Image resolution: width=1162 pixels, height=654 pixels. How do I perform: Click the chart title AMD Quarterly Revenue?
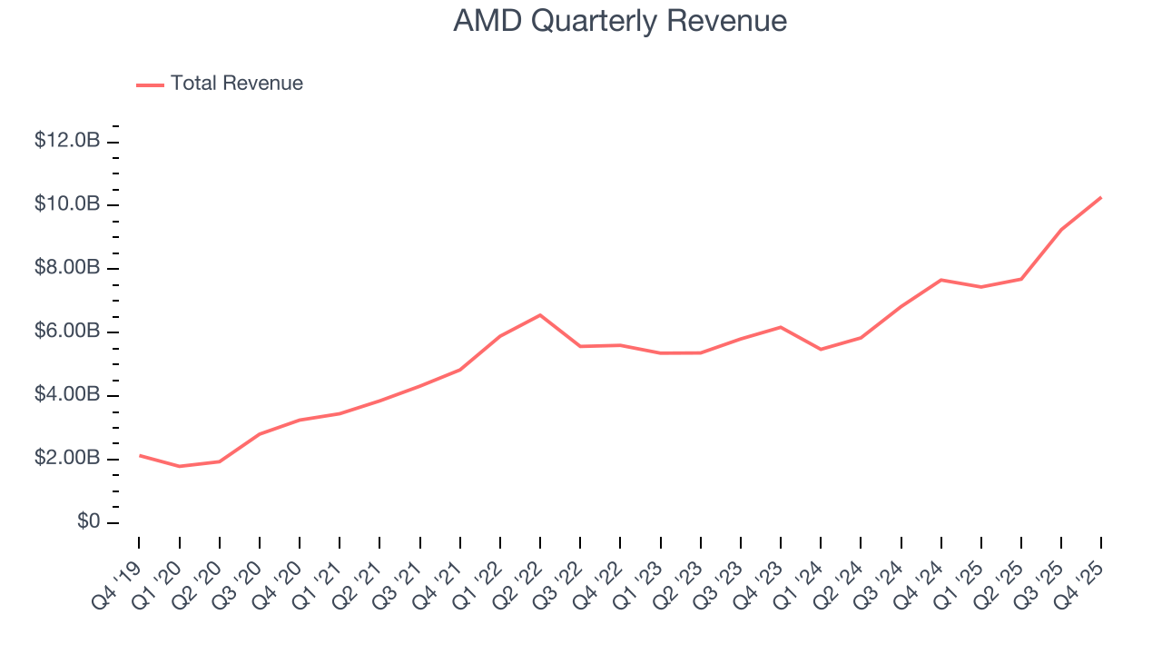pyautogui.click(x=620, y=21)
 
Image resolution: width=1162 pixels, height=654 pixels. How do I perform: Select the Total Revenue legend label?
pyautogui.click(x=236, y=84)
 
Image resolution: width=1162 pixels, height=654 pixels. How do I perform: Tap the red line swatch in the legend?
pyautogui.click(x=150, y=84)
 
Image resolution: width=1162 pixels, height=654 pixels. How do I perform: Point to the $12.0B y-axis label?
pyautogui.click(x=67, y=141)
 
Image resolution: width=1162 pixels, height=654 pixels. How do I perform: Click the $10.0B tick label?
pyautogui.click(x=67, y=204)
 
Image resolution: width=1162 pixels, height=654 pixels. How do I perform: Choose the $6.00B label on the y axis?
pyautogui.click(x=67, y=332)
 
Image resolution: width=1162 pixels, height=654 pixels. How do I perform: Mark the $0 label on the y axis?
pyautogui.click(x=88, y=522)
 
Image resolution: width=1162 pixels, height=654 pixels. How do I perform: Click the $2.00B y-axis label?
pyautogui.click(x=67, y=459)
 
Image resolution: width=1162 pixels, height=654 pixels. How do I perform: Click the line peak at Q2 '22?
pyautogui.click(x=540, y=315)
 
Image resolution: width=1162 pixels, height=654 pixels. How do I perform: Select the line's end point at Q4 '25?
pyautogui.click(x=1101, y=197)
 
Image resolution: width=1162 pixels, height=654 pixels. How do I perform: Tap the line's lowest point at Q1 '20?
pyautogui.click(x=180, y=466)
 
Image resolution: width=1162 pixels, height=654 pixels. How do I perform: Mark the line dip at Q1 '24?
pyautogui.click(x=821, y=349)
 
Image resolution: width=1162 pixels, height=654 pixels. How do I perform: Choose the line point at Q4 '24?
pyautogui.click(x=941, y=280)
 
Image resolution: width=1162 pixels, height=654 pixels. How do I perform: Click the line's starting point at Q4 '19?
pyautogui.click(x=140, y=455)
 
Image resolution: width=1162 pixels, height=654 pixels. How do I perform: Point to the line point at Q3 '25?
pyautogui.click(x=1061, y=229)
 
